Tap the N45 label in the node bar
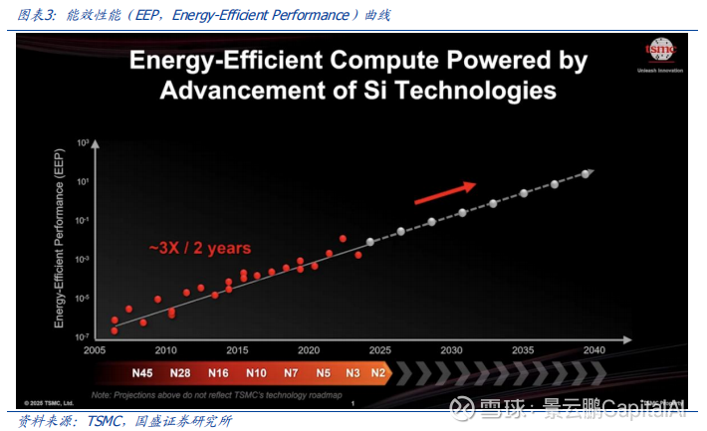141,373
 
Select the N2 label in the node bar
377,373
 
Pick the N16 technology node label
218,373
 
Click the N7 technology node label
290,373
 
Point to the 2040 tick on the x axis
594,349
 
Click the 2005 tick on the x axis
95,349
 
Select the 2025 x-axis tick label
380,349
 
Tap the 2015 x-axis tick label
237,349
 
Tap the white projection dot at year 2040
587,173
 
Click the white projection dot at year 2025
370,242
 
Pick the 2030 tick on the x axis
452,349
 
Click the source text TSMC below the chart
101,421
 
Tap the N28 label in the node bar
180,373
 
